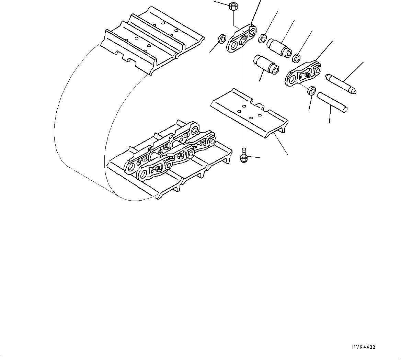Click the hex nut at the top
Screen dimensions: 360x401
point(233,6)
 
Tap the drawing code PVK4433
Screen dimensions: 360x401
point(364,347)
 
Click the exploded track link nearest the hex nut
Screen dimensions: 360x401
point(241,38)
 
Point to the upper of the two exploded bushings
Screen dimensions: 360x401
point(279,47)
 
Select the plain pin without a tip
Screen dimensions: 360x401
point(332,101)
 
